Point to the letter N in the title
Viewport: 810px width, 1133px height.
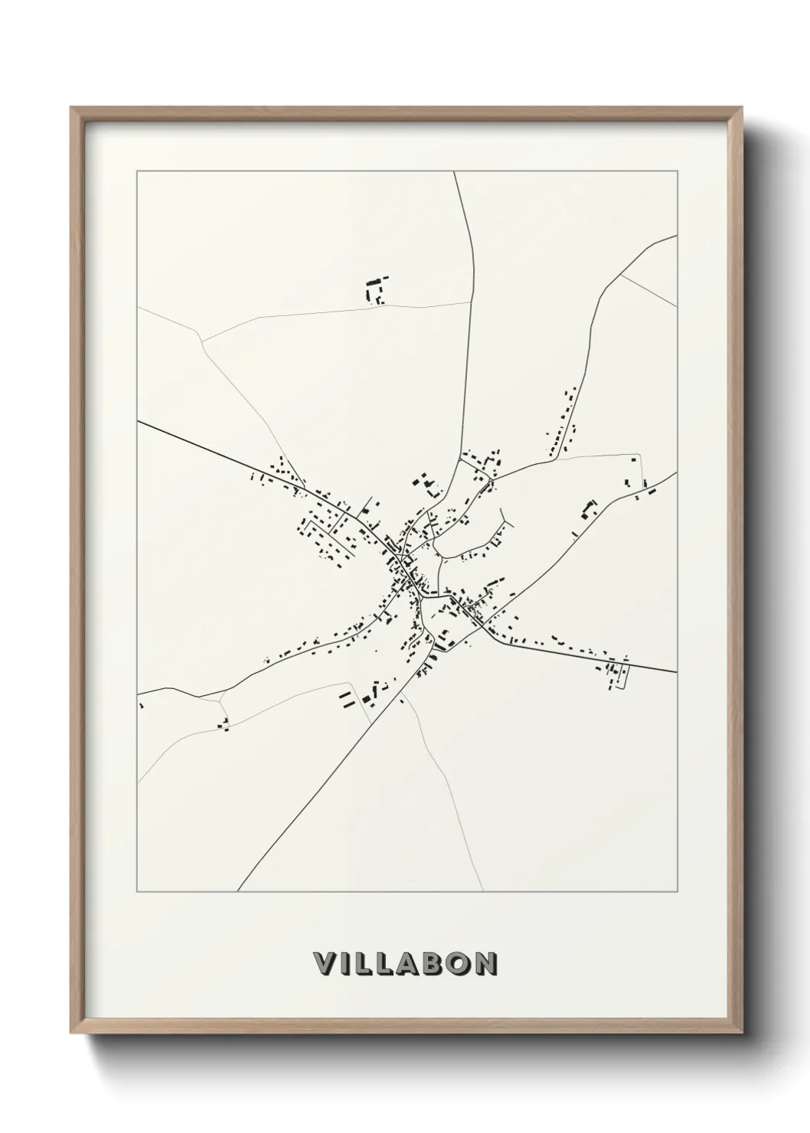pyautogui.click(x=485, y=964)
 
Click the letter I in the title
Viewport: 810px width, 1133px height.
pyautogui.click(x=344, y=964)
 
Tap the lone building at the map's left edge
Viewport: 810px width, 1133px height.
pyautogui.click(x=142, y=705)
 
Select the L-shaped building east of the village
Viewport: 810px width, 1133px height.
pyautogui.click(x=589, y=509)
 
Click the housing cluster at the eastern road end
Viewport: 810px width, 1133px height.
pyautogui.click(x=616, y=672)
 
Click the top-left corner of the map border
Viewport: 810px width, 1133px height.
pyautogui.click(x=137, y=171)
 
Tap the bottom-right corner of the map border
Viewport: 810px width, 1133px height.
pyautogui.click(x=678, y=892)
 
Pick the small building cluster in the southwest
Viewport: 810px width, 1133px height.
pyautogui.click(x=224, y=723)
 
